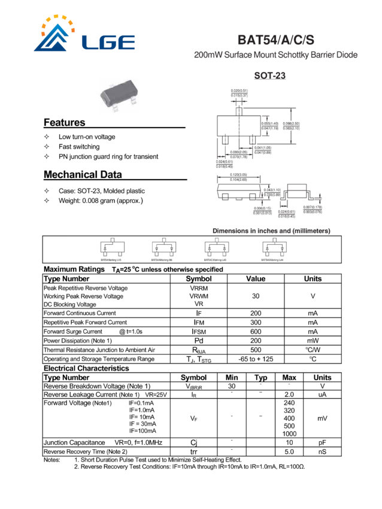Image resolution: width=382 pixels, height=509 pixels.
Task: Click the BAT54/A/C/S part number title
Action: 275,40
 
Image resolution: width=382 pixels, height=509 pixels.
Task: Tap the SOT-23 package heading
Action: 269,75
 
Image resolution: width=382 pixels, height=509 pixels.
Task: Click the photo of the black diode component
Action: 124,94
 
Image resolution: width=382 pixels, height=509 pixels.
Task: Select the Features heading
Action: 65,123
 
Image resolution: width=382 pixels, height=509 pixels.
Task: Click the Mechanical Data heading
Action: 83,175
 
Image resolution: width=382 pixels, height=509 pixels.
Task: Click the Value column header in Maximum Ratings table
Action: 256,278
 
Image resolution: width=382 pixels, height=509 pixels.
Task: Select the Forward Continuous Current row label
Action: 80,313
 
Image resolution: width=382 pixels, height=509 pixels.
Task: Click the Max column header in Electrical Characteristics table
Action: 290,377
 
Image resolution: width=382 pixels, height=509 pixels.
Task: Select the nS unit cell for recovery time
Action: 322,451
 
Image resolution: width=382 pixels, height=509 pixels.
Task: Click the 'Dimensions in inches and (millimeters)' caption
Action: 271,231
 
